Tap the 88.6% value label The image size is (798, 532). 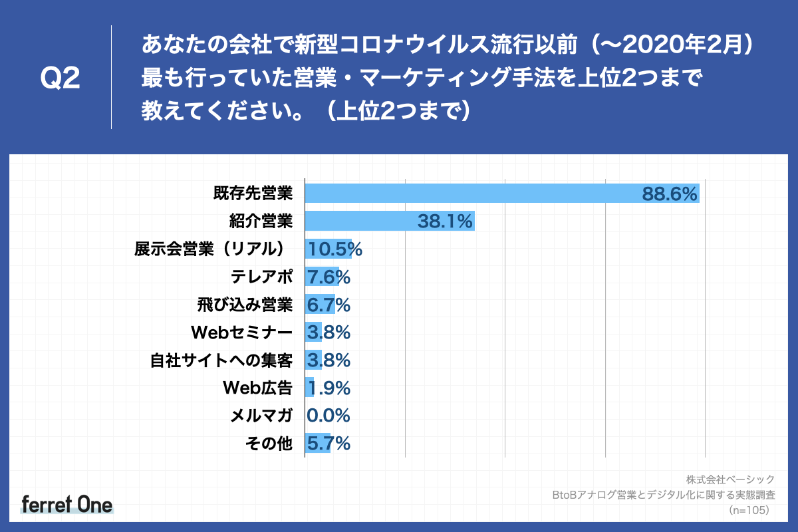coord(669,194)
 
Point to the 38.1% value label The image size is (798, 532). coord(445,221)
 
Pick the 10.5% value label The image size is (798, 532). coord(334,249)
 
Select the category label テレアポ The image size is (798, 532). coord(260,277)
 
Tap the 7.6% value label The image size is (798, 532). coord(329,277)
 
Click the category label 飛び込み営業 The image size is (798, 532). coord(245,305)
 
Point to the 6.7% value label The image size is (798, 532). coord(329,305)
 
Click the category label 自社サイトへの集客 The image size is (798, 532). coord(221,360)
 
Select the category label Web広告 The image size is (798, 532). coord(257,388)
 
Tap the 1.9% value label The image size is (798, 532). coord(329,388)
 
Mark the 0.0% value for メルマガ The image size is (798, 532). coord(329,416)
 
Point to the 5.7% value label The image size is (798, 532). coord(329,444)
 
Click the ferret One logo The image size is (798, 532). coord(66,504)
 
